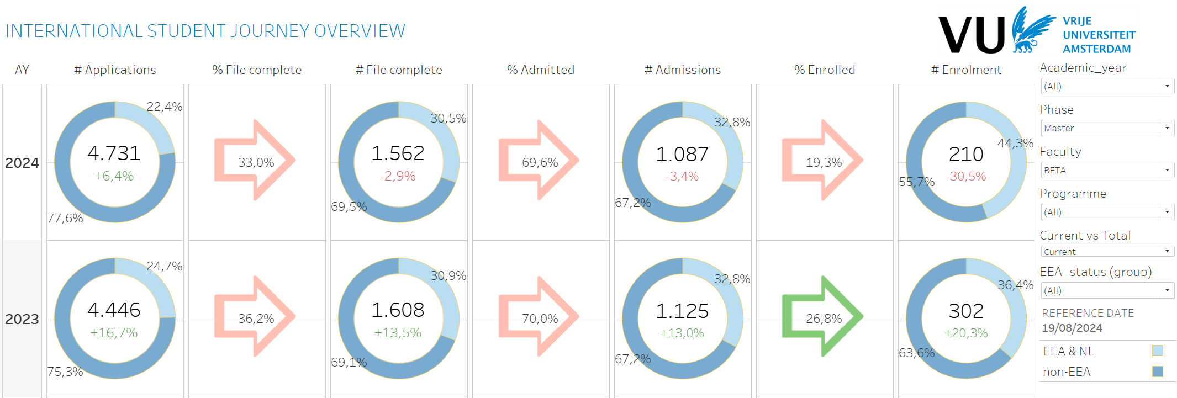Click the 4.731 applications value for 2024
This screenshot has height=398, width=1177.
click(114, 153)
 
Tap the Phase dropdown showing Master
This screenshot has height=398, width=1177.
click(1107, 128)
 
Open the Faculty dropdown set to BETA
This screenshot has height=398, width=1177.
click(1107, 170)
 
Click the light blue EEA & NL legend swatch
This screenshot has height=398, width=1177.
click(1158, 351)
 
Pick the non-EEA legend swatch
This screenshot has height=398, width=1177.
click(1158, 372)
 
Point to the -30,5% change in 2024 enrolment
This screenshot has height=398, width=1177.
click(966, 177)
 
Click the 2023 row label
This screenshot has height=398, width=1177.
click(22, 319)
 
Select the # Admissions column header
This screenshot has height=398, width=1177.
click(683, 70)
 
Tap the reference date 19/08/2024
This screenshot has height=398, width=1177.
click(1072, 328)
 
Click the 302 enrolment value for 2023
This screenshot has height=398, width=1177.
click(966, 311)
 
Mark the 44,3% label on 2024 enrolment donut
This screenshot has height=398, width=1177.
click(1015, 144)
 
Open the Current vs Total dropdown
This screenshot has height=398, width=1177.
click(1107, 252)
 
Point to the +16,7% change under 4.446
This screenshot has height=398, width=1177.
click(114, 333)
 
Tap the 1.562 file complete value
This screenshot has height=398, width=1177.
click(398, 153)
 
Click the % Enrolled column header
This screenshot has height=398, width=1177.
click(825, 70)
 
